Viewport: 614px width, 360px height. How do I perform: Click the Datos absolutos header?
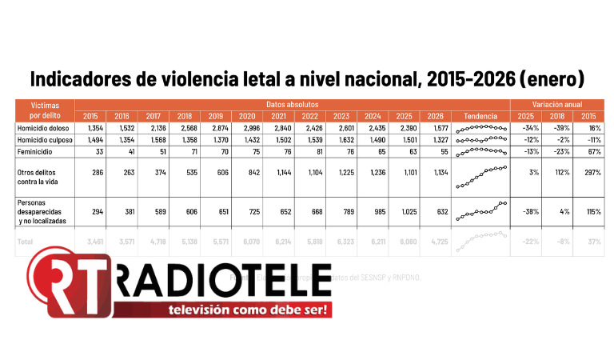(292, 105)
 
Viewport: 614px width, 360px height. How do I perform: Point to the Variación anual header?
(557, 105)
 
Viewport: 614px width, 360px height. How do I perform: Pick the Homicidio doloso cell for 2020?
(245, 128)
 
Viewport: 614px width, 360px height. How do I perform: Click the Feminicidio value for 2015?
(90, 150)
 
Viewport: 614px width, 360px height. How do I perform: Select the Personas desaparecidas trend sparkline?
(480, 211)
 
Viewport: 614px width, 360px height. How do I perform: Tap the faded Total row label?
(26, 241)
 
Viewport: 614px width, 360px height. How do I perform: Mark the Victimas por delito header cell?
(45, 110)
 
